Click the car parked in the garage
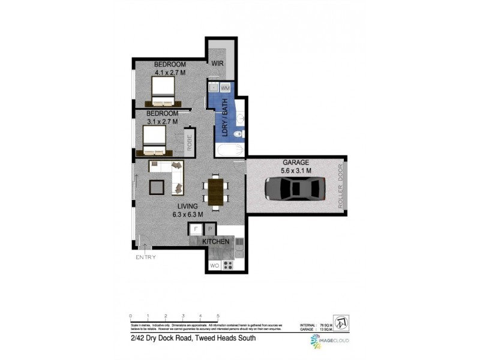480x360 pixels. tap(295, 189)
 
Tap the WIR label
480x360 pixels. tap(217, 62)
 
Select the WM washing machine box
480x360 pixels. tap(225, 88)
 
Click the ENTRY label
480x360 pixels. tap(145, 257)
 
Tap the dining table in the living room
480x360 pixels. tap(214, 190)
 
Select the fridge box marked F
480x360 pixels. tap(196, 229)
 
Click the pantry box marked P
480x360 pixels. tap(210, 229)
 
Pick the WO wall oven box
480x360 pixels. tap(214, 265)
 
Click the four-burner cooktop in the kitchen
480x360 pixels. tap(228, 265)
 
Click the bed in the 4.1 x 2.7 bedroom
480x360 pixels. tap(162, 93)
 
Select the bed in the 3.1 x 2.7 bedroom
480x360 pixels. tap(154, 140)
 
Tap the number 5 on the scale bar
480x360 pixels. tap(218, 315)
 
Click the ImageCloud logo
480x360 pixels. tap(328, 341)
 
